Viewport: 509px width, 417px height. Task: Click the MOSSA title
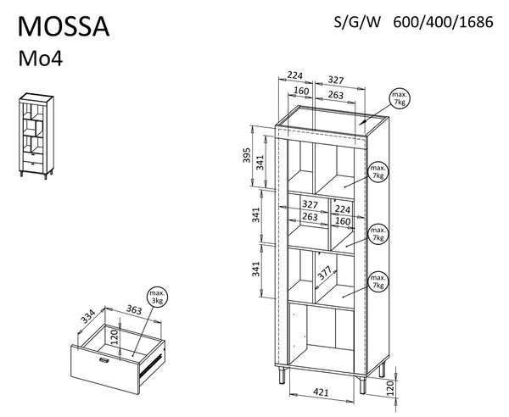(x=64, y=26)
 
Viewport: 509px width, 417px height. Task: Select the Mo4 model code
(x=40, y=58)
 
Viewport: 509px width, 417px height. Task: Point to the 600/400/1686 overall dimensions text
(x=443, y=22)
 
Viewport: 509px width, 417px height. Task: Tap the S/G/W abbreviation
(x=357, y=22)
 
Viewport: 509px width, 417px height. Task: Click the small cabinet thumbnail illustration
(x=36, y=136)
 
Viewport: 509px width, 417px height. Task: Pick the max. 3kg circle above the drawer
(x=158, y=297)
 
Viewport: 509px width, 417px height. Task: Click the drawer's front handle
(x=103, y=359)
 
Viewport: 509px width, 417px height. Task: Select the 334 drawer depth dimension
(x=87, y=316)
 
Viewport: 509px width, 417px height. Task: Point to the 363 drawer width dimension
(x=134, y=309)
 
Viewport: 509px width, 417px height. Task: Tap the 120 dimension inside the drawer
(x=115, y=337)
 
